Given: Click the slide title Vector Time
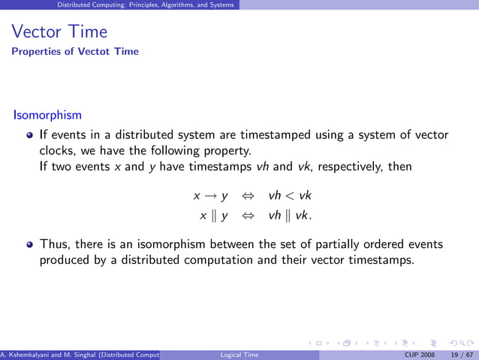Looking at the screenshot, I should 59,32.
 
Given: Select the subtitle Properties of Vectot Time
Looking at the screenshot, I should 75,52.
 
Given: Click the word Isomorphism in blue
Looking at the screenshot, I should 47,116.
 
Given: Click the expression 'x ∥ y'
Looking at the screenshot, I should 213,216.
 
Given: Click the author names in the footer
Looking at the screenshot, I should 80,355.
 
